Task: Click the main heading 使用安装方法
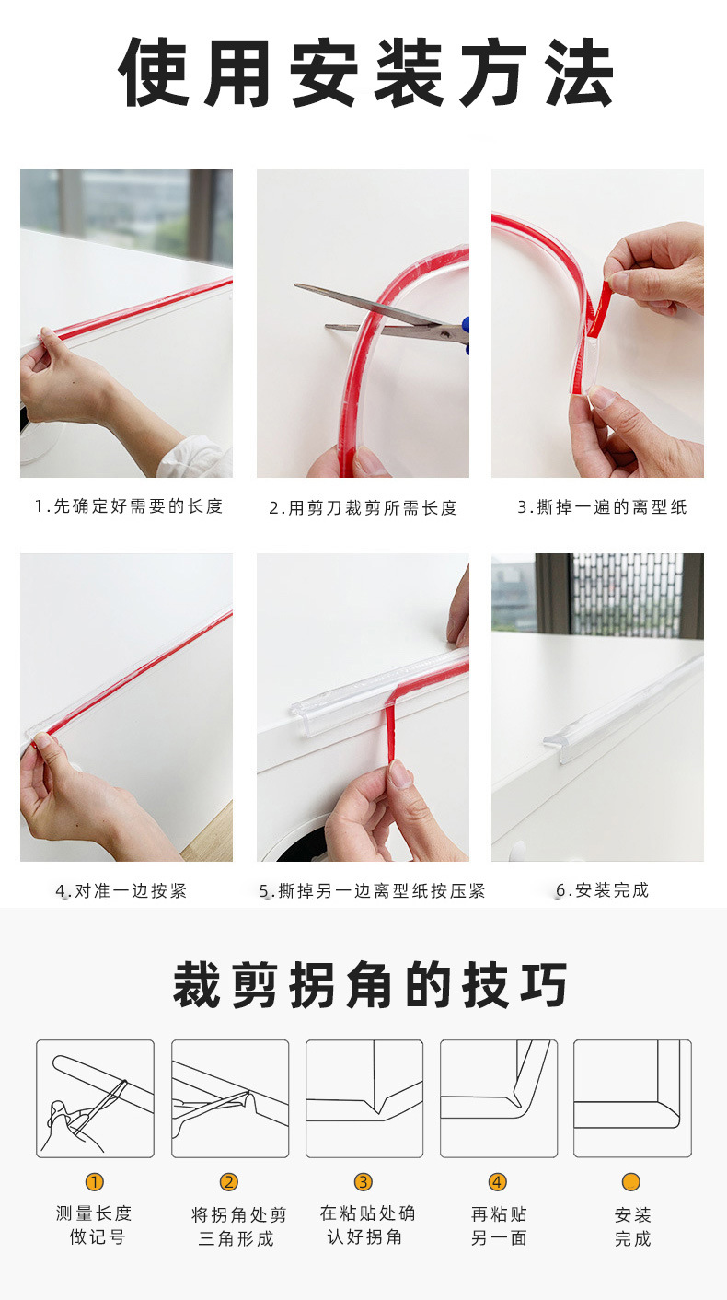pos(365,74)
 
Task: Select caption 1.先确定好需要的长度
pos(129,506)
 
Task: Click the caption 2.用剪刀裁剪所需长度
pos(363,508)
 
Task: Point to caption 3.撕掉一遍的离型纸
pos(602,507)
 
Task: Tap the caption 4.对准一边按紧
pos(121,890)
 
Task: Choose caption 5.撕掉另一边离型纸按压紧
pos(372,891)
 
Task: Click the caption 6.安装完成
pos(603,890)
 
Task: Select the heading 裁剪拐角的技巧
pos(370,984)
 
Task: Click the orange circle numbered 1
pos(95,1182)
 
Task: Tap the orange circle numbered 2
pos(229,1182)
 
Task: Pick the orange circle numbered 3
pos(363,1182)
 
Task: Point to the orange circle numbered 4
pos(498,1182)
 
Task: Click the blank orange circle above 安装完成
pos(631,1182)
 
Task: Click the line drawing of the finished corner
pos(632,1098)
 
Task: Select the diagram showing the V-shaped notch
pos(364,1098)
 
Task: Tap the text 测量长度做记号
pos(95,1225)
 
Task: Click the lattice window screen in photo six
pos(626,594)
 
